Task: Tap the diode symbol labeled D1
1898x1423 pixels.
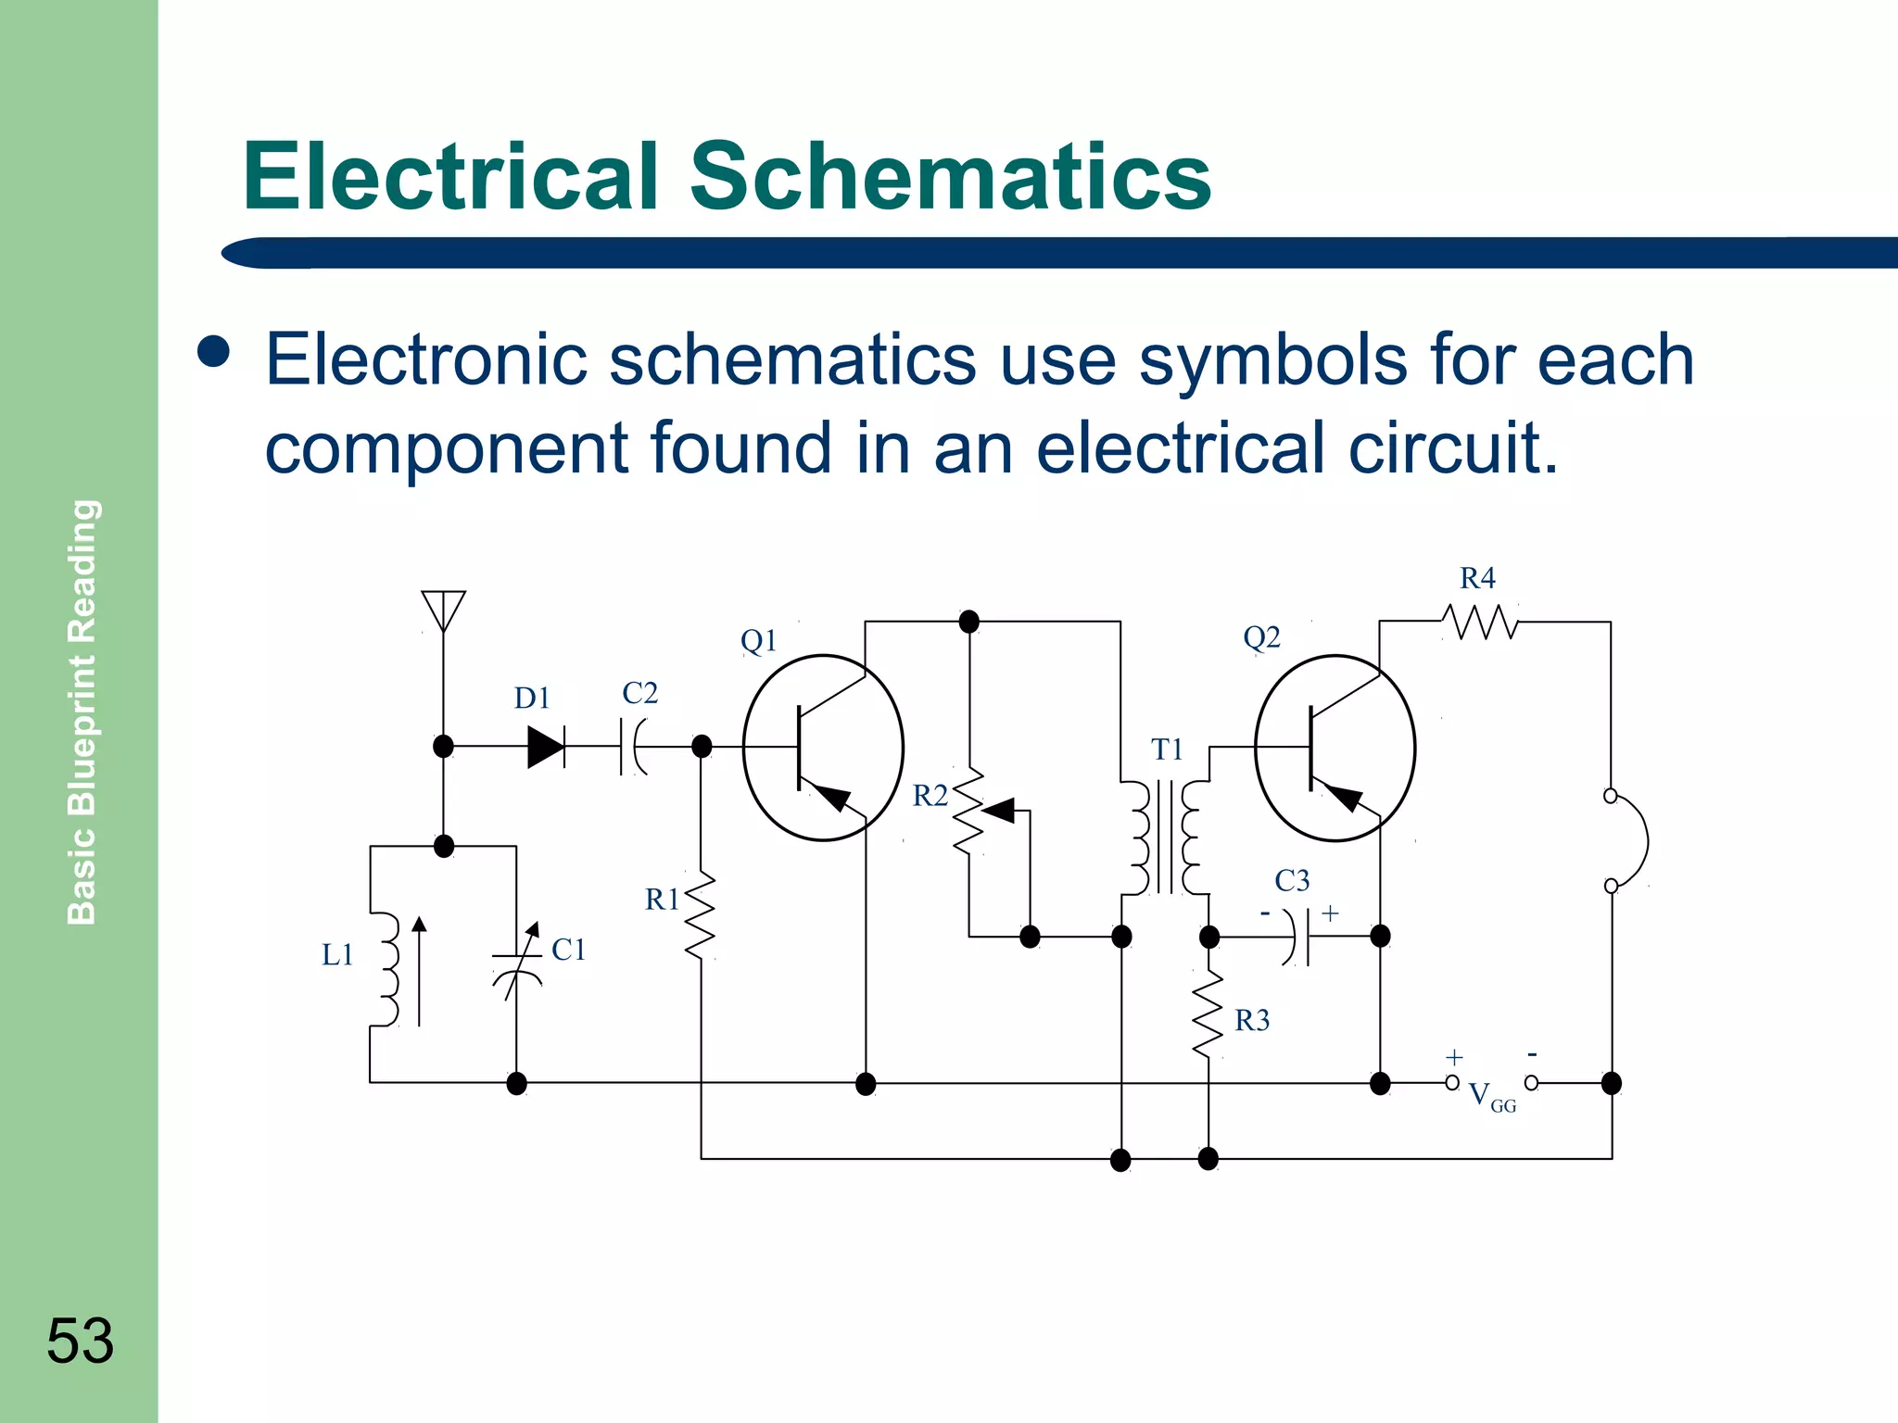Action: [547, 747]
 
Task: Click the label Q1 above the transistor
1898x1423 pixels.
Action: [758, 640]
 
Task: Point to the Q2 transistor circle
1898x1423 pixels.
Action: [1335, 748]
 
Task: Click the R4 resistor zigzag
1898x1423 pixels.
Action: [1481, 622]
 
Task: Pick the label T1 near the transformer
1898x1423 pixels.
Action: [1167, 749]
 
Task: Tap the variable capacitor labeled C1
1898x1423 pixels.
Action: [517, 963]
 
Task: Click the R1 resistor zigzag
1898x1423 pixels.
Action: [701, 914]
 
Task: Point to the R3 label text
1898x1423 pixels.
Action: [1251, 1020]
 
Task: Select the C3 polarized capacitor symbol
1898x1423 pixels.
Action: [1297, 937]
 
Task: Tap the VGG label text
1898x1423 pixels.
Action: [1491, 1097]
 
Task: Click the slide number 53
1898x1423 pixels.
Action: [80, 1341]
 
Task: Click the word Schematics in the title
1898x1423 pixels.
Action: [950, 176]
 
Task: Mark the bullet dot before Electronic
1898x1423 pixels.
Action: [214, 352]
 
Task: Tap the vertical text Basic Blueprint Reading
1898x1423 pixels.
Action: [82, 711]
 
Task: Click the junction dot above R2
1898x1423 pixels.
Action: [968, 622]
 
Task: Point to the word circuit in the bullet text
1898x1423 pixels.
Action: [1452, 447]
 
